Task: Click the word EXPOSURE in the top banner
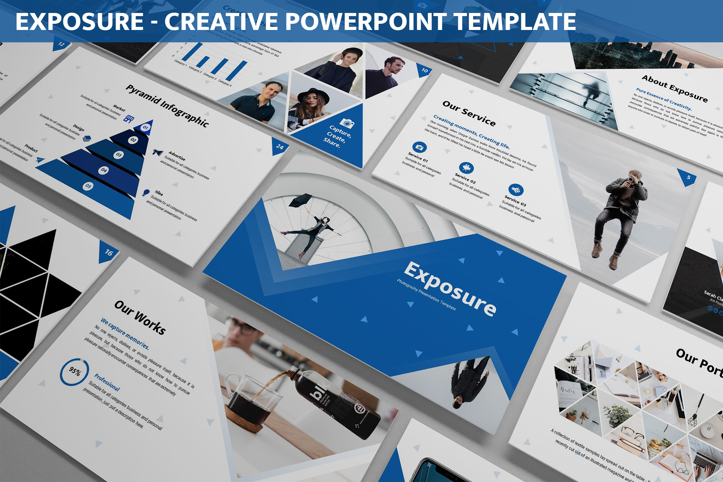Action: click(79, 22)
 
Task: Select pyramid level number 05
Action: click(88, 186)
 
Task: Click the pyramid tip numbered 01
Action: click(146, 127)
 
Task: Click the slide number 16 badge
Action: click(108, 252)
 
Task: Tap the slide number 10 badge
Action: click(425, 70)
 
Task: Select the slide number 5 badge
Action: click(688, 177)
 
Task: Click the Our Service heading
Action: click(469, 113)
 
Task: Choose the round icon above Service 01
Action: click(419, 147)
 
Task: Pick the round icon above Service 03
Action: click(516, 189)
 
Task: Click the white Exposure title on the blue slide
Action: click(450, 289)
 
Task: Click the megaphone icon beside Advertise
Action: click(158, 152)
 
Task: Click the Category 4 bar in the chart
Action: click(236, 71)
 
